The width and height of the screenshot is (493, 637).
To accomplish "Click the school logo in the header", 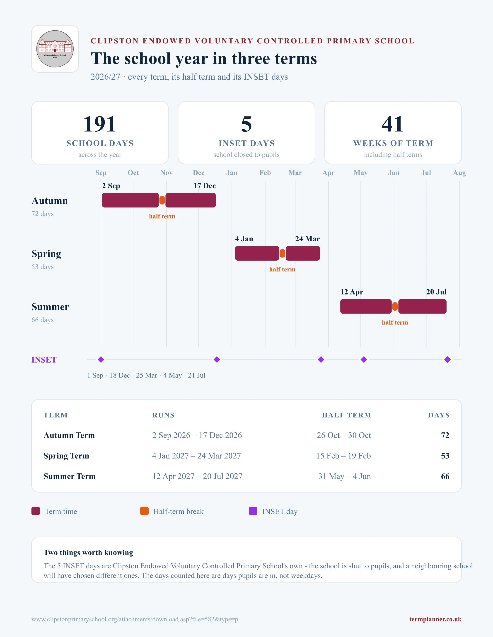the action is click(x=55, y=49).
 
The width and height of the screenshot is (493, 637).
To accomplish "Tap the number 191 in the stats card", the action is click(x=100, y=124).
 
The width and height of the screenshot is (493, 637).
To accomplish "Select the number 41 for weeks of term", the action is click(x=393, y=124).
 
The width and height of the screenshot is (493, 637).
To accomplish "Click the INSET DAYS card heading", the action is click(x=246, y=143).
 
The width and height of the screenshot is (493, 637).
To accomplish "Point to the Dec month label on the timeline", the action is click(x=199, y=173).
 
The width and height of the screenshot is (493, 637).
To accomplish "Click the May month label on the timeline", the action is click(x=360, y=173).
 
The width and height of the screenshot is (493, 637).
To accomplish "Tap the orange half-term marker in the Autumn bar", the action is click(x=162, y=200).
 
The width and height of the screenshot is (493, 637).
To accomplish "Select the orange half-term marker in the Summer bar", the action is click(x=395, y=307).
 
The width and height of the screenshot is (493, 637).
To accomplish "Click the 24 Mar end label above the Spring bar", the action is click(x=307, y=239).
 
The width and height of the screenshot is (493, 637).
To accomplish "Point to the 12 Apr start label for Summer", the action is click(x=352, y=292).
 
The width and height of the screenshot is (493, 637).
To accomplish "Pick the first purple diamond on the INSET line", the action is click(x=101, y=360).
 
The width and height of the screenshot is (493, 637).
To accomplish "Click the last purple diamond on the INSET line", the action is click(x=447, y=360).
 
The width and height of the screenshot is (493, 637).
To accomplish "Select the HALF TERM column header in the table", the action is click(x=346, y=415).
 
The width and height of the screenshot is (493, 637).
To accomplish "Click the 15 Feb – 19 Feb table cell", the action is click(x=343, y=456).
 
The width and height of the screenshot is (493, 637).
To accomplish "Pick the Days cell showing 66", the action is click(x=445, y=476).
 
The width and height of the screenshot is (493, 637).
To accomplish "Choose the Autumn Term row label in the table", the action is click(x=69, y=435).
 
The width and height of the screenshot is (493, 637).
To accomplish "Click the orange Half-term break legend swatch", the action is click(x=144, y=511).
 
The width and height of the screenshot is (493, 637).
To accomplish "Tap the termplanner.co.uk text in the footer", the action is click(x=435, y=619).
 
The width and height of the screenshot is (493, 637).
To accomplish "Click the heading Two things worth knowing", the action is click(x=88, y=552).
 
